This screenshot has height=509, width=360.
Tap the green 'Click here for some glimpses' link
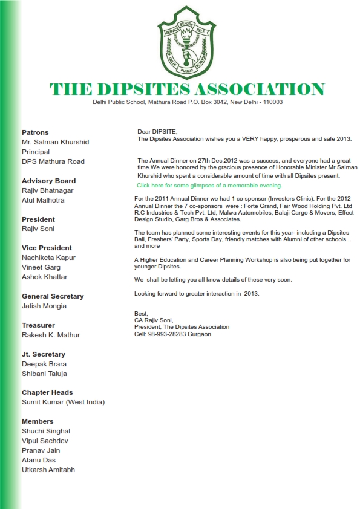209,185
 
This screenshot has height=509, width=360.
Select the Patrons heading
35,132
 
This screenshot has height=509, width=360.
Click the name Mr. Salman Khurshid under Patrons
55,142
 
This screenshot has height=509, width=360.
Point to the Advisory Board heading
48,181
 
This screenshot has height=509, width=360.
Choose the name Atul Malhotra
43,200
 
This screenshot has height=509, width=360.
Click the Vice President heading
47,248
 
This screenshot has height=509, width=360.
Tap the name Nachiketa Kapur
48,258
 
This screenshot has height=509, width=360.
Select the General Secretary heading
53,296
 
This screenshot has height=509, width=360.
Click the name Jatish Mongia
44,306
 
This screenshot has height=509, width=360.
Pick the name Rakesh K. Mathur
51,335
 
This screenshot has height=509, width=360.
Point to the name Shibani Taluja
44,374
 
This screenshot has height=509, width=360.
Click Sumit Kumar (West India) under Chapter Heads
64,402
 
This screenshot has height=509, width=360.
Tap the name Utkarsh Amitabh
48,470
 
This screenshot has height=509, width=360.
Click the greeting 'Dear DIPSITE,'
157,131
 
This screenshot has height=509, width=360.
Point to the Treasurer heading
39,325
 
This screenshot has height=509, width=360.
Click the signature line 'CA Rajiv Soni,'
154,320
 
